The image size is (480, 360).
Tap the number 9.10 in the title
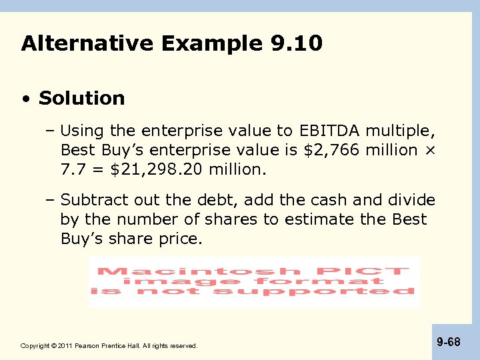pos(297,44)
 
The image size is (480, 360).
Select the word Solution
pos(82,99)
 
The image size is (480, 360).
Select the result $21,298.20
pos(157,170)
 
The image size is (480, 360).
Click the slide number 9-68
pos(449,342)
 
